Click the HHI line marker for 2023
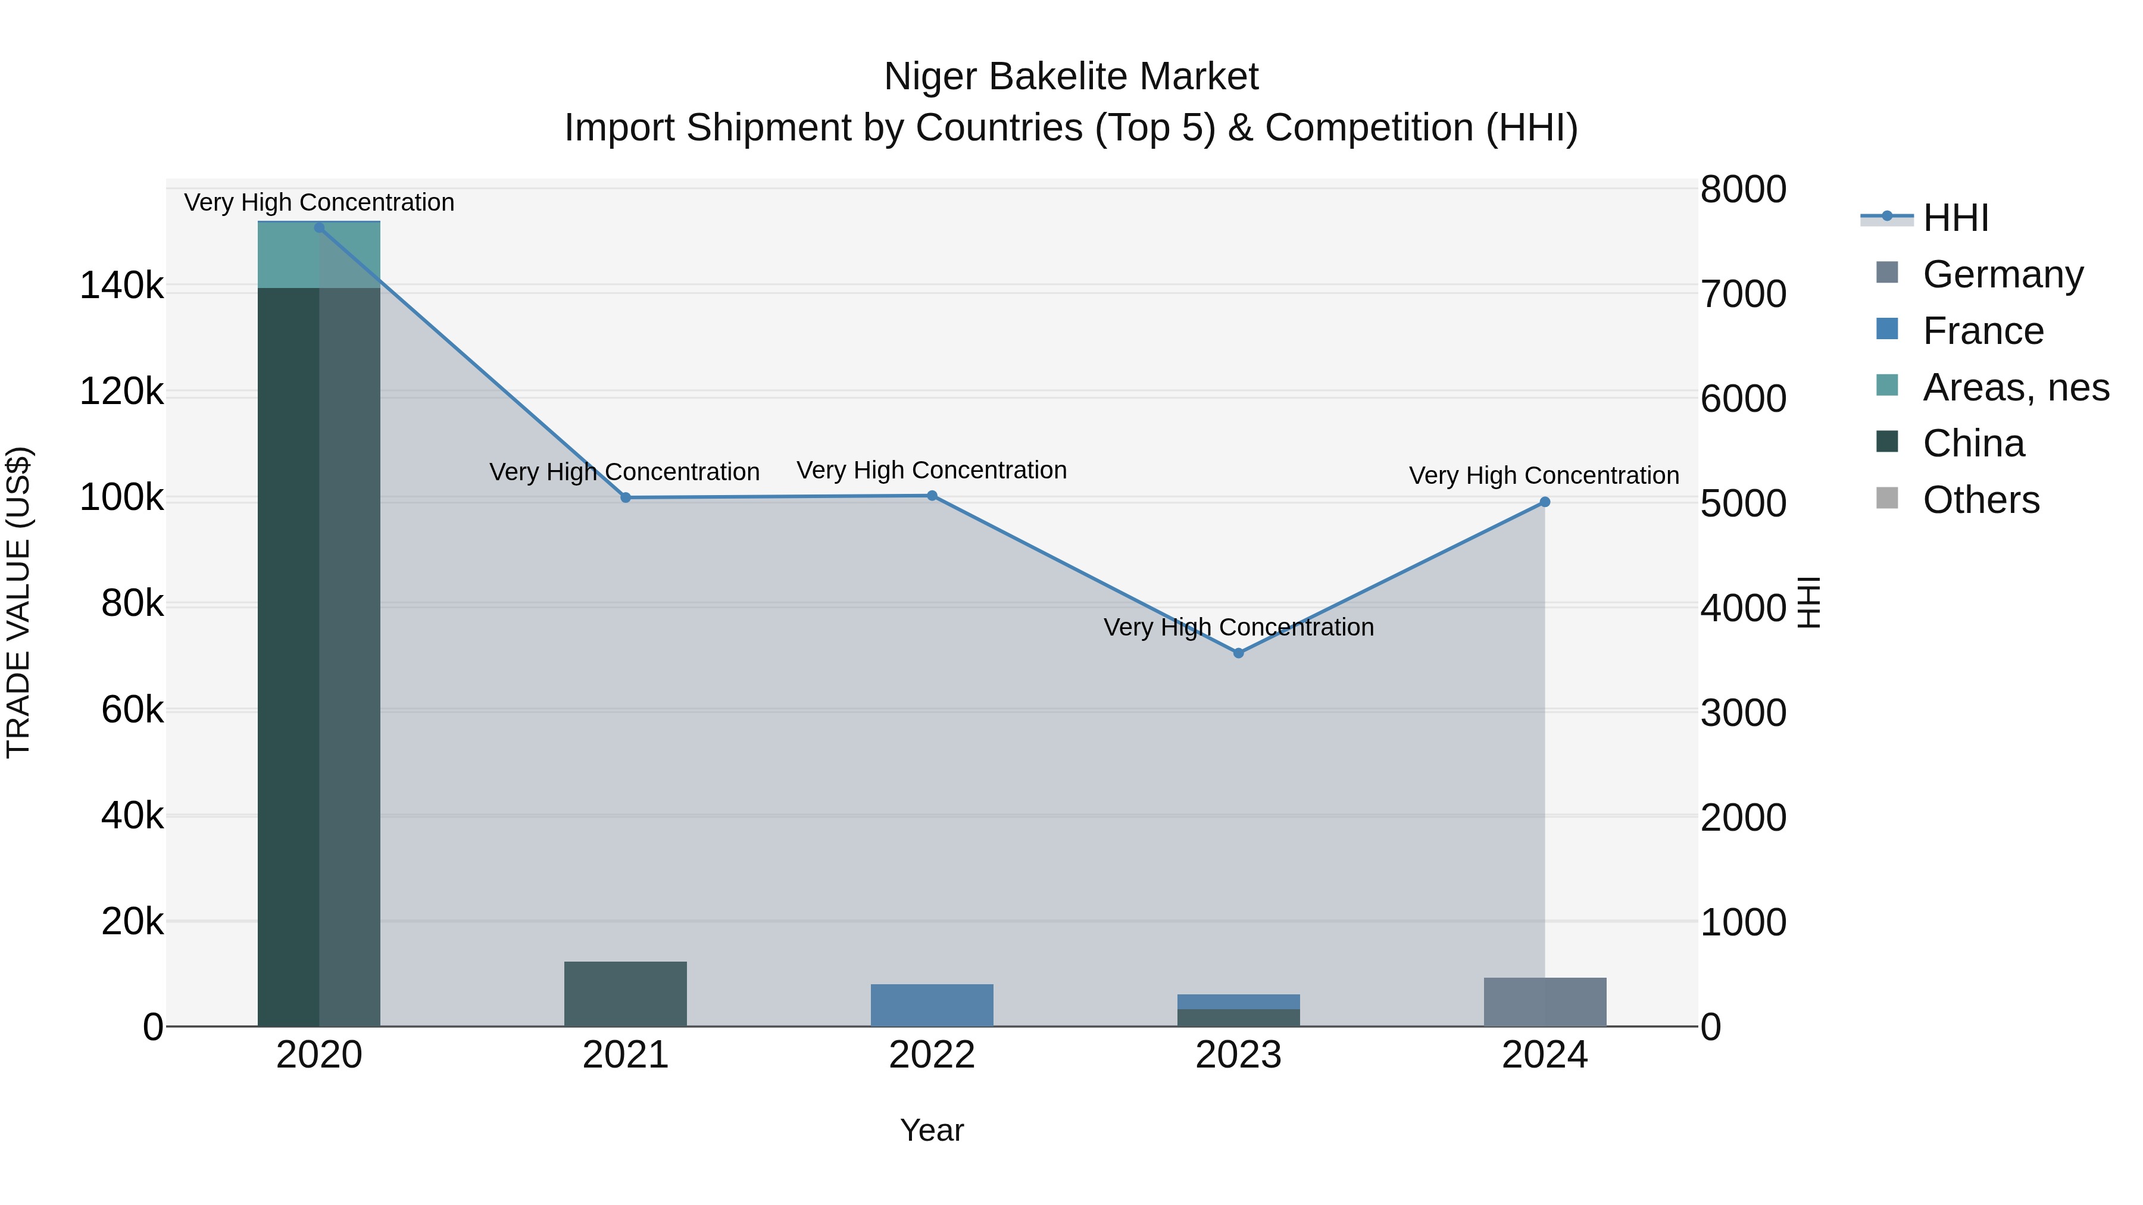(1238, 653)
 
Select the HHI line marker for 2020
(320, 227)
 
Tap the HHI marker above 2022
(932, 496)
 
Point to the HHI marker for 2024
(1545, 502)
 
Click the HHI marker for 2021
(626, 497)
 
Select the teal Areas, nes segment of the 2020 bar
(318, 255)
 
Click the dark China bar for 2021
(626, 994)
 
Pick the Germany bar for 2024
(1545, 1001)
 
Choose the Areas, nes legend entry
(2015, 387)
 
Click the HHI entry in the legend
(1955, 218)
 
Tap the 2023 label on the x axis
(1238, 1055)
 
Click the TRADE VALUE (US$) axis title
(18, 602)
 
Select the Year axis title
(932, 1130)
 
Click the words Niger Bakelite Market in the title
(1071, 77)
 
